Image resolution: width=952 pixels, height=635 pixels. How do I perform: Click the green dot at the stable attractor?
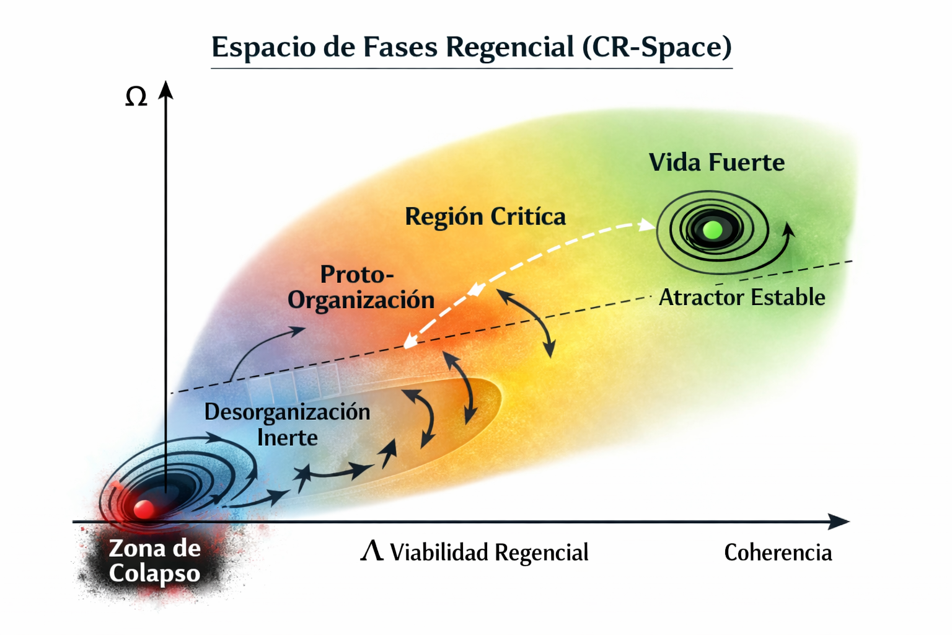point(713,230)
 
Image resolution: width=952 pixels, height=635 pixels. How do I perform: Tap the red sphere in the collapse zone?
point(144,509)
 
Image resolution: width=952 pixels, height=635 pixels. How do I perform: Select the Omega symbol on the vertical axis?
point(136,97)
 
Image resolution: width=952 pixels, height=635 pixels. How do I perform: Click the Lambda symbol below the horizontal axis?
point(372,551)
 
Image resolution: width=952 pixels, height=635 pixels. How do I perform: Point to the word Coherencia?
point(778,553)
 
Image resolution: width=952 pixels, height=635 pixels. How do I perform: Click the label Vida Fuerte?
point(716,162)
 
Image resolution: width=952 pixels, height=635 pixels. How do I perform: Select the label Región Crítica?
point(485,216)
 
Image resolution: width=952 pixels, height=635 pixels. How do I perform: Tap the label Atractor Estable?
point(742,297)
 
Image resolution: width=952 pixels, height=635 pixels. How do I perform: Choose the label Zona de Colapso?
point(154,561)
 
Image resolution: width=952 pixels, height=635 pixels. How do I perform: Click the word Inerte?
point(288,438)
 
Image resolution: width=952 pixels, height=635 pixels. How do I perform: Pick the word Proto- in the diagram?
point(357,274)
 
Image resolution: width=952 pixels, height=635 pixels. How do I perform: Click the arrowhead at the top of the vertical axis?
point(165,90)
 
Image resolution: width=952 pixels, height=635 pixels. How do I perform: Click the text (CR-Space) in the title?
point(657,47)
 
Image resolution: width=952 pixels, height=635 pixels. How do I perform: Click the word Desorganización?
point(287,412)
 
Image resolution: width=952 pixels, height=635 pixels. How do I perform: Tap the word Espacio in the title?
point(263,47)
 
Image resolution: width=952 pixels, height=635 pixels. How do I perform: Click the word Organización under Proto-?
point(361,300)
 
